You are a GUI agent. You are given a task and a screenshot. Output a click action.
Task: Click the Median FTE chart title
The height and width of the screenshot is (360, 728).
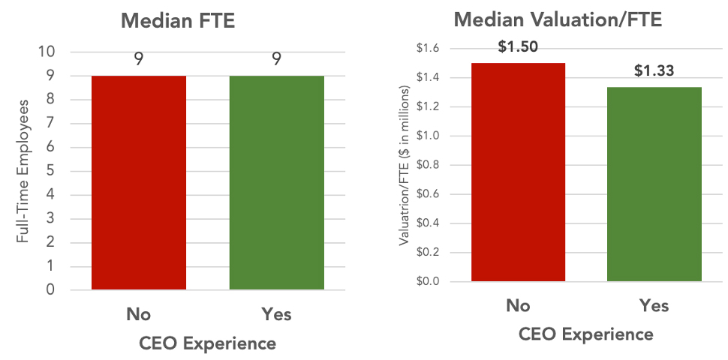click(178, 20)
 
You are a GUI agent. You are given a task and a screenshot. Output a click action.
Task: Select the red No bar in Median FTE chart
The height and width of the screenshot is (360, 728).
click(139, 182)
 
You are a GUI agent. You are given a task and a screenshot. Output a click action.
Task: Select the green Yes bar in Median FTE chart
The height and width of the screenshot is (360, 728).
click(277, 182)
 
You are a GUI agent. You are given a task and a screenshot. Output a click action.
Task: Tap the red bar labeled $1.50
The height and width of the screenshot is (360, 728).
click(518, 172)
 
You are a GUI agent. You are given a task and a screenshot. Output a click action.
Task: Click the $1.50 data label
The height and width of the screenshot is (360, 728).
click(518, 47)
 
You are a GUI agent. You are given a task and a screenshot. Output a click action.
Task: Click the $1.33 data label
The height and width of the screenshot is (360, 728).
click(654, 71)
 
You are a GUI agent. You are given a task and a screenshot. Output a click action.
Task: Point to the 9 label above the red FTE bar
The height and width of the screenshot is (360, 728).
click(140, 59)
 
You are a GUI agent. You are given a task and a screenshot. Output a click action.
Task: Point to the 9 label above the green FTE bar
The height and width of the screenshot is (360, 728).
click(277, 59)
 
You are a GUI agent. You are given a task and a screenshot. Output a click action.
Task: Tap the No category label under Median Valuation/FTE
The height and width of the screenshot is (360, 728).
click(518, 305)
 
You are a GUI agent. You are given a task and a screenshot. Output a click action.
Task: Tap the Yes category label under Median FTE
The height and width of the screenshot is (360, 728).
click(277, 314)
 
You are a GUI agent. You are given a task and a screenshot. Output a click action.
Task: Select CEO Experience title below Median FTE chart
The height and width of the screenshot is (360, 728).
click(208, 343)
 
